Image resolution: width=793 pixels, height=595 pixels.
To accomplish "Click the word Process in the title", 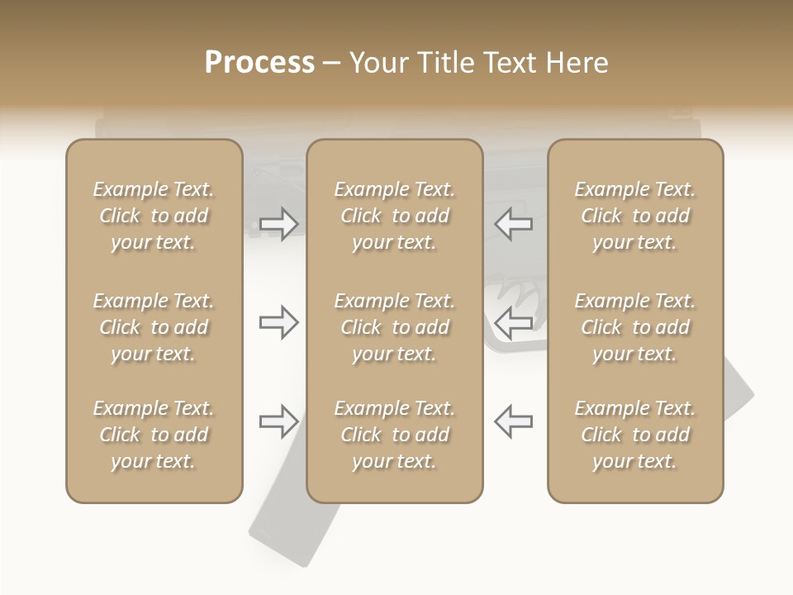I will [259, 63].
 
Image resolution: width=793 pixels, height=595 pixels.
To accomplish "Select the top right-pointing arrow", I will [278, 224].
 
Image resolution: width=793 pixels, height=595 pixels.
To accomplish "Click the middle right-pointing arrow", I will [278, 322].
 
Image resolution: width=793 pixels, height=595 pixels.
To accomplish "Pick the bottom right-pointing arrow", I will [278, 421].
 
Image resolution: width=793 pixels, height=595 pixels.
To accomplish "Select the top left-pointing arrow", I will [513, 224].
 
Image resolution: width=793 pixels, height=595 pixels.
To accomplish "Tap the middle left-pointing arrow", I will [513, 322].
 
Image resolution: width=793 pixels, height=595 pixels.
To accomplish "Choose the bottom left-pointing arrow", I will [513, 421].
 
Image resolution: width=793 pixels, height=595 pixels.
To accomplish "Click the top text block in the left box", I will [154, 216].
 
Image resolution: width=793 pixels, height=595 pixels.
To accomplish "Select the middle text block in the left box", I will [154, 327].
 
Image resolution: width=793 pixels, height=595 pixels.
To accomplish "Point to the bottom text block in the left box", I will [154, 435].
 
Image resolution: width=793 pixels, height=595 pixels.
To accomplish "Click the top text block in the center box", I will [394, 216].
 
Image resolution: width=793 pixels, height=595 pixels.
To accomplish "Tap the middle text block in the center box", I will [394, 327].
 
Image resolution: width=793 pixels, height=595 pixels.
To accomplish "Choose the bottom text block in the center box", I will [394, 435].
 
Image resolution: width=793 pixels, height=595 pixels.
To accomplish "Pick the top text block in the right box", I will [634, 216].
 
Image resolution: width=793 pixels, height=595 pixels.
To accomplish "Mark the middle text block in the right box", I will [634, 327].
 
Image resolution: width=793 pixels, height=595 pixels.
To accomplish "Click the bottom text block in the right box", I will [634, 435].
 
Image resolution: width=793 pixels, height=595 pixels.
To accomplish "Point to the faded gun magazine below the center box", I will [293, 533].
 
